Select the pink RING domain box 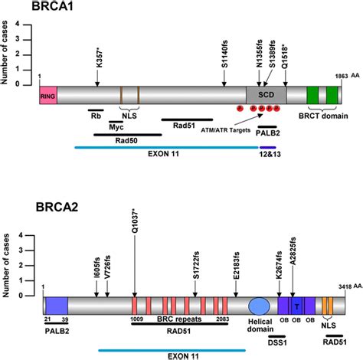(x=47, y=95)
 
